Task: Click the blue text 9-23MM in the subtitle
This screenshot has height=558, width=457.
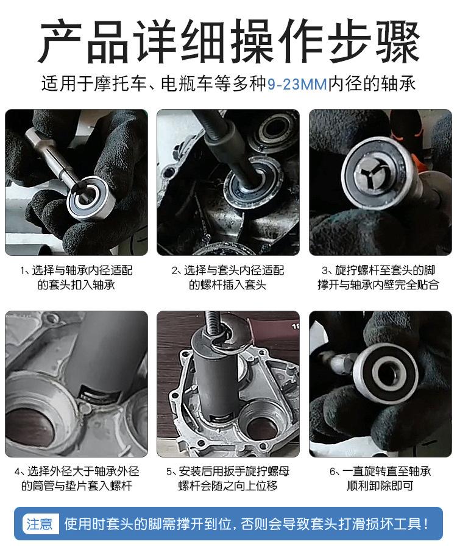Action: coord(297,84)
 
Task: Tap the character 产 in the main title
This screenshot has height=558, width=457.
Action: coord(60,41)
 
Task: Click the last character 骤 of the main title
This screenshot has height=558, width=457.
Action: coord(397,41)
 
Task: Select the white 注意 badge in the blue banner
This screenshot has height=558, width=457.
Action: coord(39,524)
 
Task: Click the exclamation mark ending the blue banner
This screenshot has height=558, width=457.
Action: coord(426,524)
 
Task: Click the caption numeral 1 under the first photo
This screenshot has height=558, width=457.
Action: coord(22,271)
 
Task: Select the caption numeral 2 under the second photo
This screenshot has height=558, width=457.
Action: coord(174,271)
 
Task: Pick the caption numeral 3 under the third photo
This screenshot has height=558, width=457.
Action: coord(325,271)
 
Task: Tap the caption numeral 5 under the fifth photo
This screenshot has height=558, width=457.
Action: coord(169,472)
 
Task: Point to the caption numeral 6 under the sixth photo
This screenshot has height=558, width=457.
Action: coord(333,472)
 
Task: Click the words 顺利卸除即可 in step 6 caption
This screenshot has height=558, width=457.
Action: coord(380,486)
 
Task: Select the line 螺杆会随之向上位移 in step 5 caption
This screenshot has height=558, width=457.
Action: coord(228,486)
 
